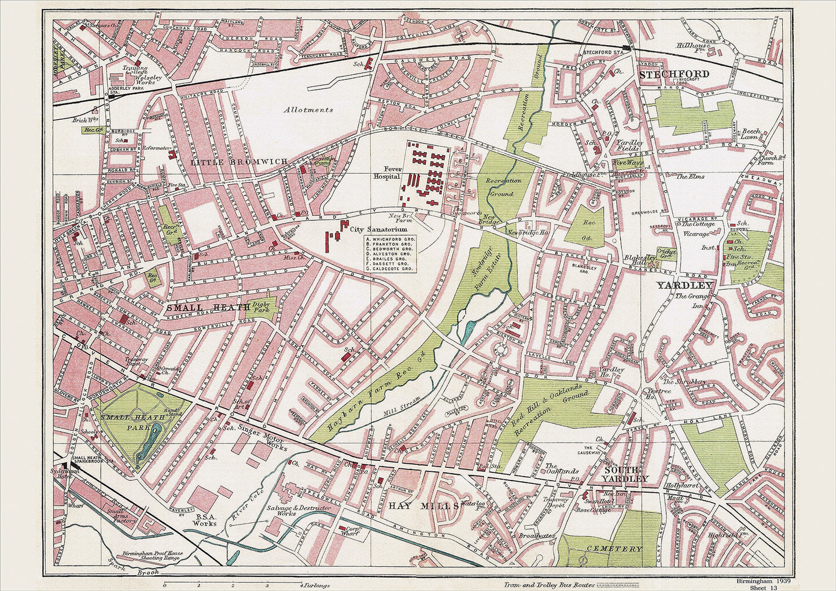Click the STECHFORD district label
[673, 74]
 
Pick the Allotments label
[308, 109]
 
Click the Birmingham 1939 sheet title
[763, 580]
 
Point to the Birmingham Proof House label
[152, 553]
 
